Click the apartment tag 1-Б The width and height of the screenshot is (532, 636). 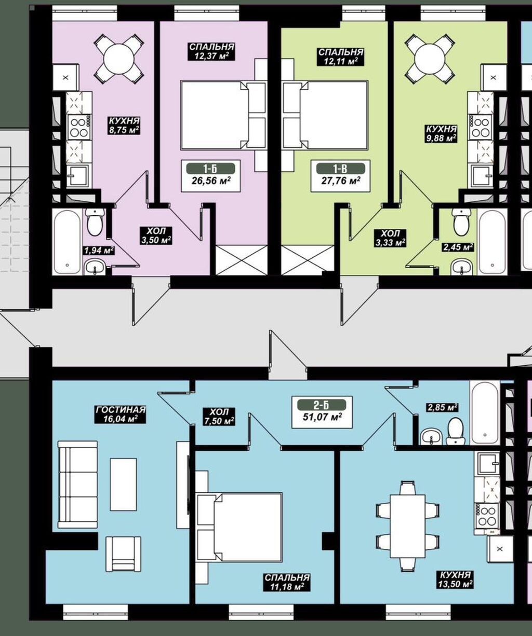[211, 169]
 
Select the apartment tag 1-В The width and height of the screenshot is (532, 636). [341, 169]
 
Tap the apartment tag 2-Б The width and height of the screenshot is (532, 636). [322, 405]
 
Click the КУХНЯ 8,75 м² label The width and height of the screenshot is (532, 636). [124, 126]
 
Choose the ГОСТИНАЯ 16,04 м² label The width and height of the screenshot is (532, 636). [121, 414]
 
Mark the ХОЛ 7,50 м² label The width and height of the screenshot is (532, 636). [219, 417]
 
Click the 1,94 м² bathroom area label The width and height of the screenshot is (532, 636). [99, 251]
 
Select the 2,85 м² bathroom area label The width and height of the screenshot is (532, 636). [442, 407]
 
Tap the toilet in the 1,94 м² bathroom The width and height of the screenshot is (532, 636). [95, 222]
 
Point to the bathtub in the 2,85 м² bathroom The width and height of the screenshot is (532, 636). [485, 413]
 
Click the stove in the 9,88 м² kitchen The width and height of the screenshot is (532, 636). [480, 127]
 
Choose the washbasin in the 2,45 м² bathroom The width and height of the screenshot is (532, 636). [462, 267]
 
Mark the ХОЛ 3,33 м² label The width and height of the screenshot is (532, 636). [391, 238]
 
